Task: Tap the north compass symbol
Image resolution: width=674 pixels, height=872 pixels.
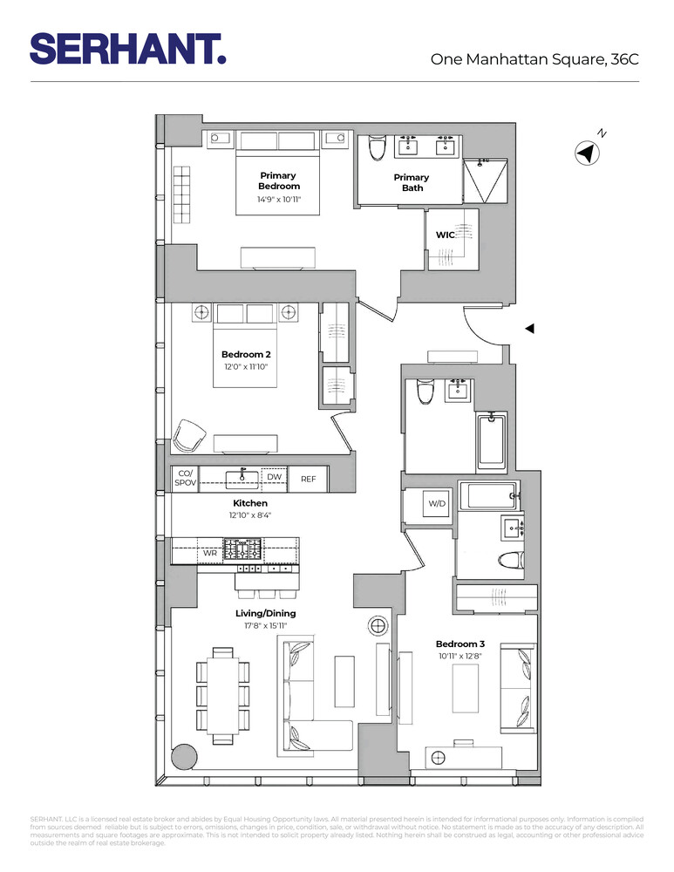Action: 587,153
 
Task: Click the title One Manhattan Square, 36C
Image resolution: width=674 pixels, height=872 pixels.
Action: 534,59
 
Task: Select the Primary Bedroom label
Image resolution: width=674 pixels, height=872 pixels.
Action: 278,181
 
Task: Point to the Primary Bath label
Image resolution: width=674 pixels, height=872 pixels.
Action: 412,182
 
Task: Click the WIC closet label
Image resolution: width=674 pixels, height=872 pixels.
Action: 446,234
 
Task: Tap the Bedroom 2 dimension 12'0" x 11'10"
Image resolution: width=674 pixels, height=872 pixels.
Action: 246,367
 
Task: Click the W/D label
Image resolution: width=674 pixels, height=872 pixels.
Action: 436,505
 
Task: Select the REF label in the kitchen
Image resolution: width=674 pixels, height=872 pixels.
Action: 309,479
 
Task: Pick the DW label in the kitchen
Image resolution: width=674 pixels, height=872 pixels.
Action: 274,477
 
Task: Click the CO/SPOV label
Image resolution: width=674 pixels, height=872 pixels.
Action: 184,478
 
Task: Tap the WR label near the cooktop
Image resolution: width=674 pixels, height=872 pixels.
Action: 210,553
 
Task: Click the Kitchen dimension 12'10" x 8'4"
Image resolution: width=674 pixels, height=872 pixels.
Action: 249,516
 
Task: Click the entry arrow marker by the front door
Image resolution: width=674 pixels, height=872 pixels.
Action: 528,328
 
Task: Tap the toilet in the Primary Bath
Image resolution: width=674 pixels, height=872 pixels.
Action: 377,150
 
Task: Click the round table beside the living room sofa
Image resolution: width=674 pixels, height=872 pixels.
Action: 378,626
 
